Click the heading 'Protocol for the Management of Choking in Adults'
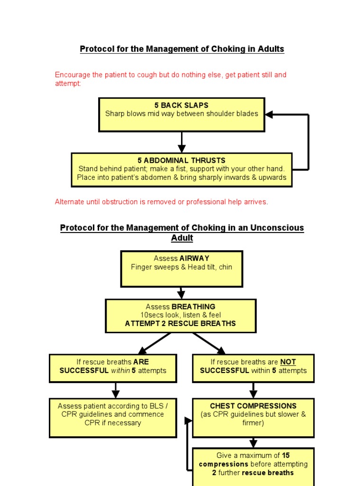tap(182, 49)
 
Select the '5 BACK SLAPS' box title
tap(182, 105)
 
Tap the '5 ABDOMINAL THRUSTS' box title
tap(182, 160)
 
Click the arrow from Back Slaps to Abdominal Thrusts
tap(182, 142)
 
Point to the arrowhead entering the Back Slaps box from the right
tap(269, 114)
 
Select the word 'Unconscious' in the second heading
tap(280, 228)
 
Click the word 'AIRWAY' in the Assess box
tap(194, 258)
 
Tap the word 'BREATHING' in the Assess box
tap(193, 307)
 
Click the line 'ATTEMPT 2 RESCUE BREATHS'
tap(180, 323)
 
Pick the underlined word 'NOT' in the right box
tap(288, 362)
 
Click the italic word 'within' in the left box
tap(120, 371)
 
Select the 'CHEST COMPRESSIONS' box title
tap(253, 406)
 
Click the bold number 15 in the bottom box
tap(285, 456)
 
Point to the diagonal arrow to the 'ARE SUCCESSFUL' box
tap(154, 343)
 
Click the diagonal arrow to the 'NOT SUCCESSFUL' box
tap(209, 343)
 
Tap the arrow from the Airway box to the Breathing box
tap(181, 293)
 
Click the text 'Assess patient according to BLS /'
tap(113, 406)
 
